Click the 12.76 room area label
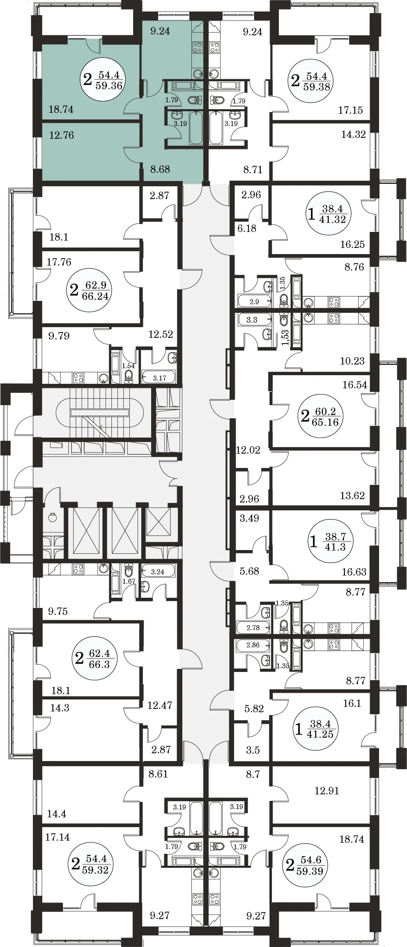[x=62, y=135]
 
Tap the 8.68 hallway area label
[x=160, y=169]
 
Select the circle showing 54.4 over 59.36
[x=104, y=80]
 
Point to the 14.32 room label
[x=353, y=135]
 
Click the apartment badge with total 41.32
[x=328, y=213]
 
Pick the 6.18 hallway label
[x=247, y=228]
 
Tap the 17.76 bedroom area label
[x=59, y=262]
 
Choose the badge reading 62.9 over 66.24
[x=89, y=290]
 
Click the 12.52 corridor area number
[x=161, y=335]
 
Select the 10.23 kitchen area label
[x=352, y=361]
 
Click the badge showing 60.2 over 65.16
[x=320, y=416]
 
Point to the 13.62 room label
[x=352, y=495]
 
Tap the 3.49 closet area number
[x=249, y=518]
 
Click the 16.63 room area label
[x=354, y=572]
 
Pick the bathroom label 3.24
[x=158, y=572]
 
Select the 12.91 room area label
[x=327, y=791]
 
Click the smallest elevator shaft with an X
[x=159, y=522]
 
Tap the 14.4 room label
[x=57, y=814]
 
